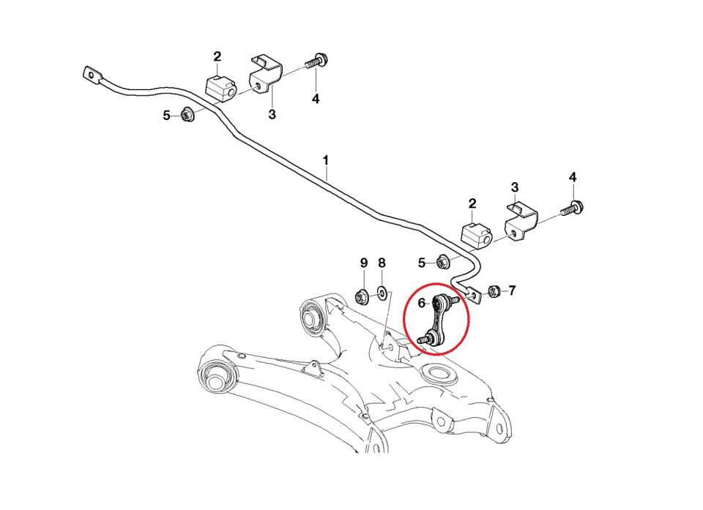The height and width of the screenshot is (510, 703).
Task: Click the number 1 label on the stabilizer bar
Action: click(326, 160)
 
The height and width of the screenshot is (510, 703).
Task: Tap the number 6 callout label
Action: click(421, 301)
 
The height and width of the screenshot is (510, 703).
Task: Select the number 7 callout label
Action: click(512, 290)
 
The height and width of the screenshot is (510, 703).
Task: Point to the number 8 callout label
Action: click(382, 263)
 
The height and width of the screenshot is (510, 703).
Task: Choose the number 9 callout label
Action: click(363, 263)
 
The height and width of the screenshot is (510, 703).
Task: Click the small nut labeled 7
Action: click(494, 291)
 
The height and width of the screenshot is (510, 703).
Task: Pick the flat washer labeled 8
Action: click(382, 296)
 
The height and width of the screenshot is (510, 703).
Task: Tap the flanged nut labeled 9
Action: click(361, 296)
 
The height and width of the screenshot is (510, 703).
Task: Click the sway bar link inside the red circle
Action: click(437, 319)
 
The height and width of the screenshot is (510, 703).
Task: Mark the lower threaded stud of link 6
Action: click(423, 340)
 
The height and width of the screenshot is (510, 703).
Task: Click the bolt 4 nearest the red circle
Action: click(571, 209)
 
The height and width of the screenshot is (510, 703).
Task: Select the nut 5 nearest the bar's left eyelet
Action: click(186, 114)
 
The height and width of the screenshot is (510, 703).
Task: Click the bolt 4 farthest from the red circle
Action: click(317, 63)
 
